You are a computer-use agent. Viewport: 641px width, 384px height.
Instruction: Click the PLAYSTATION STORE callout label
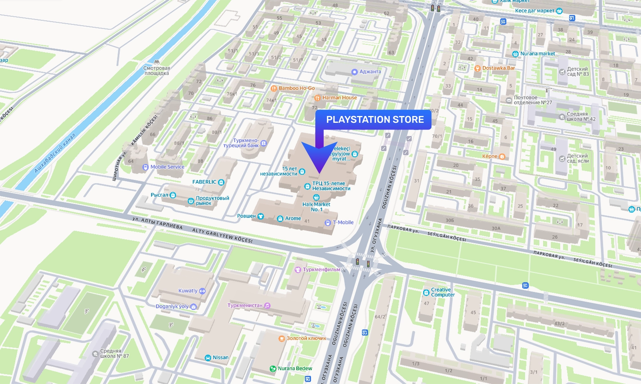coord(375,120)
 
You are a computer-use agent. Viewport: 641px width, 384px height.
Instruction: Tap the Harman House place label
coord(339,98)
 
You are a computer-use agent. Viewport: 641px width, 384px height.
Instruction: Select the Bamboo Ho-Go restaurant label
coord(296,88)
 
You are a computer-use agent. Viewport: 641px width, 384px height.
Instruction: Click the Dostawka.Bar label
coord(498,68)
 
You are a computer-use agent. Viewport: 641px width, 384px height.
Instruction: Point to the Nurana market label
coord(537,54)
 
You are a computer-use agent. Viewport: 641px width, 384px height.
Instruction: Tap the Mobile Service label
coord(167,167)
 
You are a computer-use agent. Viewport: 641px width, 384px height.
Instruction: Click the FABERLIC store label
coord(204,182)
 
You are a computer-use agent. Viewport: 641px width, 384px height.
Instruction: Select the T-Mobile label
coord(343,222)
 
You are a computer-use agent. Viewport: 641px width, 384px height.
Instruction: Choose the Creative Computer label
coord(443,292)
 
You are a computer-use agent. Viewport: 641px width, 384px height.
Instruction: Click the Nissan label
coord(220,358)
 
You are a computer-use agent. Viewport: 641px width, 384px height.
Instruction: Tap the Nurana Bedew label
coord(295,368)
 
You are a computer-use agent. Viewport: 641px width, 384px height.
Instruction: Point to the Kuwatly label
coord(188,291)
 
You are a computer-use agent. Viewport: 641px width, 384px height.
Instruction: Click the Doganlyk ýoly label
coord(172,306)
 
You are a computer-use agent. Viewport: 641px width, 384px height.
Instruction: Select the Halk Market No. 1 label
coord(316,206)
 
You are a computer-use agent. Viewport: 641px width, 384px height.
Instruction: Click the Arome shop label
coord(293,218)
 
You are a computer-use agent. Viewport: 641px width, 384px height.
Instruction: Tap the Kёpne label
coord(490,156)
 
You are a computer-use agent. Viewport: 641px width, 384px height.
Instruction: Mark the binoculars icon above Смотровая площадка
coord(157,62)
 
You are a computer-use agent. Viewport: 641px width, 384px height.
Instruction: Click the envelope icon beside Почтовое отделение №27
coord(509,100)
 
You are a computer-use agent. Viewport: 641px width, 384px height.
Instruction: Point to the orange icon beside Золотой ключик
coord(282,338)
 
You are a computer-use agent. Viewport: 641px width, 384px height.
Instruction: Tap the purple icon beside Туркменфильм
coord(298,270)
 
